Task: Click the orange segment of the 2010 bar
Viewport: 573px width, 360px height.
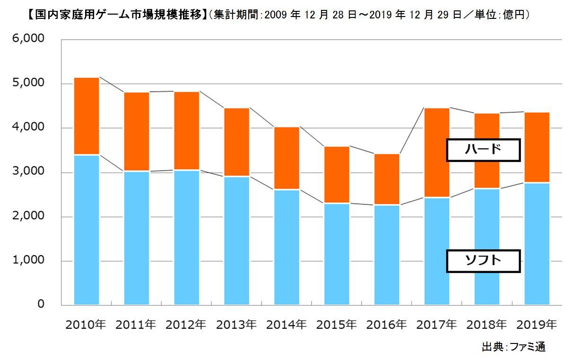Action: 87,116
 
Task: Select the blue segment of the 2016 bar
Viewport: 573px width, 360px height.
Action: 387,255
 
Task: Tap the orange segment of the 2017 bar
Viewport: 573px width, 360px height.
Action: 437,153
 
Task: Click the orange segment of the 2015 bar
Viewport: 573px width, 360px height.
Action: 337,175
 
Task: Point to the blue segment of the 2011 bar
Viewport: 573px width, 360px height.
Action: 137,239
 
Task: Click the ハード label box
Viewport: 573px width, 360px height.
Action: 483,150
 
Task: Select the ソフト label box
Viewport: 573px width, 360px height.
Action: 483,261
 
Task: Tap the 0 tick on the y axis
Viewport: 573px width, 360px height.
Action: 41,305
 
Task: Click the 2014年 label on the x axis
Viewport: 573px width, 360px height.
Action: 286,325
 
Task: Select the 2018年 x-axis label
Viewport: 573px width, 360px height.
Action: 486,325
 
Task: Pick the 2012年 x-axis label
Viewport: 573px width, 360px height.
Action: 186,325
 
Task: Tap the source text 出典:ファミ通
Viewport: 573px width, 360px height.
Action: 513,347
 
